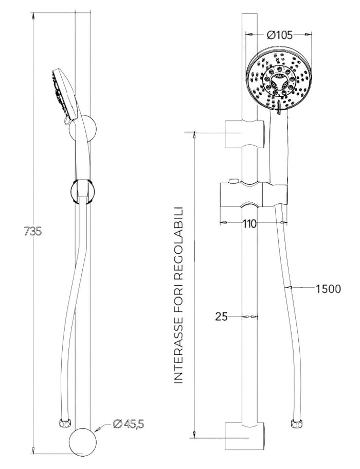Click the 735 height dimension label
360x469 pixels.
coord(32,232)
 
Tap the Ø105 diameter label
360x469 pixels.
coord(280,35)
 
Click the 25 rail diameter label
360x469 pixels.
coord(221,317)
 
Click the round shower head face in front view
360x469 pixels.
coord(278,80)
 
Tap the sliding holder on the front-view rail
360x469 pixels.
coord(253,193)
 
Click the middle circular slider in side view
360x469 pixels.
coord(82,189)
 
